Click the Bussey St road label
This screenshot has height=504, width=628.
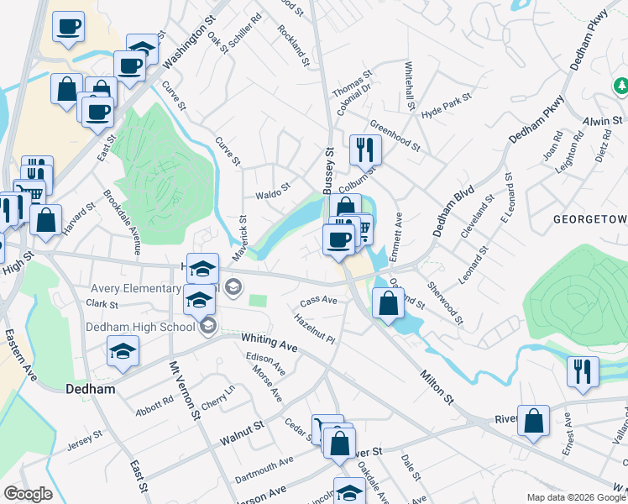point(329,171)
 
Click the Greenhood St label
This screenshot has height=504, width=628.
point(395,135)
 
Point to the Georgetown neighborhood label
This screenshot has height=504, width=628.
point(590,220)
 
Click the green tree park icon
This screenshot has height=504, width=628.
point(620,86)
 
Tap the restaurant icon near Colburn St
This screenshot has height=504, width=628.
point(364,149)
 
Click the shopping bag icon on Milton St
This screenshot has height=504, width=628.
point(387,304)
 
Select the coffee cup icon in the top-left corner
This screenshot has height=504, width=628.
point(68,25)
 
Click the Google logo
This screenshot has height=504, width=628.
point(27,494)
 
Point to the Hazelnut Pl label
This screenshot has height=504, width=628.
point(315,329)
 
